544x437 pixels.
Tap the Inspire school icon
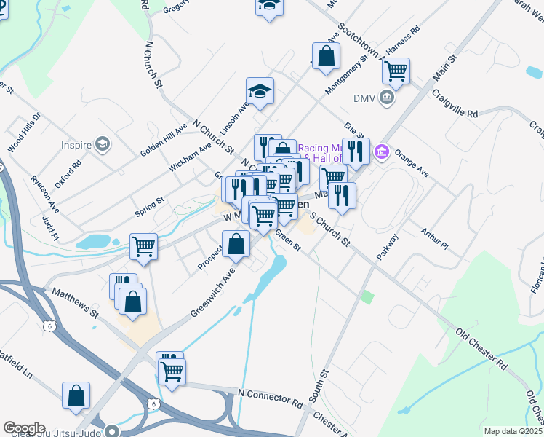click(x=103, y=144)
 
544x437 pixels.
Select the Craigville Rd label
click(x=455, y=104)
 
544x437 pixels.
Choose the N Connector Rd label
click(x=270, y=397)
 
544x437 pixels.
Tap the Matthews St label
click(x=73, y=303)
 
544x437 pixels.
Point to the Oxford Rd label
click(x=65, y=173)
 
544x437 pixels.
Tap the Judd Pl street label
click(x=50, y=227)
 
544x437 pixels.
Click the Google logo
click(x=24, y=428)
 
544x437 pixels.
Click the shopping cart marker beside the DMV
click(x=396, y=71)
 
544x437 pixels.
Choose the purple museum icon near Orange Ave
click(x=380, y=152)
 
